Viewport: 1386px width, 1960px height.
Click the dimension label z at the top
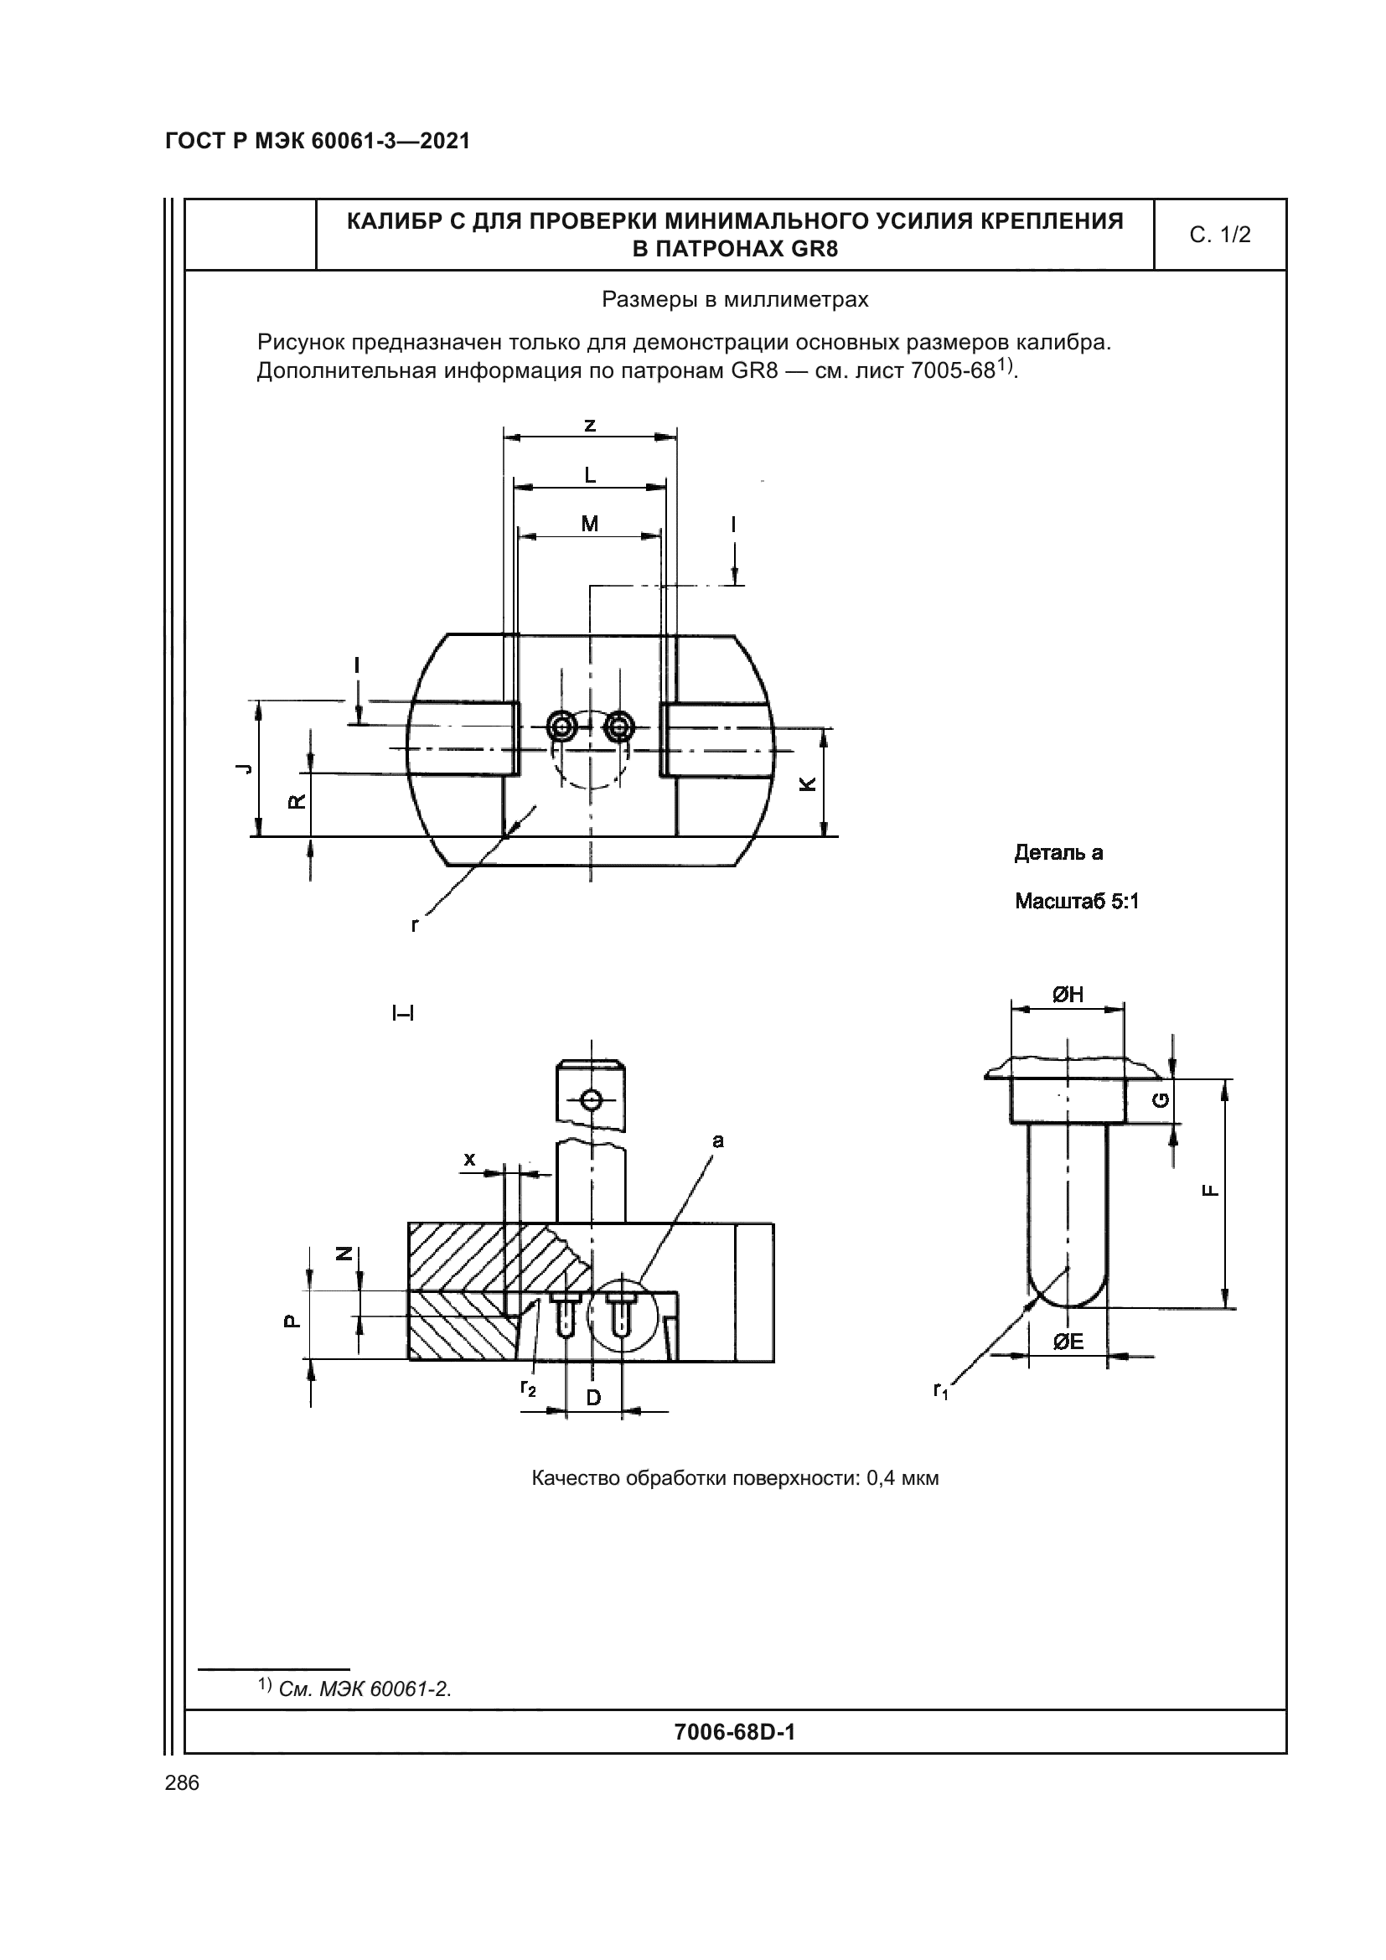(x=590, y=425)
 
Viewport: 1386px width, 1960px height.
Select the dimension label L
(x=590, y=475)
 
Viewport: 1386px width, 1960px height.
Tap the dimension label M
(x=590, y=524)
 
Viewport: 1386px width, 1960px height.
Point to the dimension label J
(x=244, y=768)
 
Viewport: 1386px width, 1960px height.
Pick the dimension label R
(x=297, y=802)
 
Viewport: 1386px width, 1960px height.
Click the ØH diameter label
(x=1067, y=994)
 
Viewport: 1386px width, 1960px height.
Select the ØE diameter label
(x=1068, y=1342)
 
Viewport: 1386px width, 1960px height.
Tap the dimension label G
(x=1161, y=1100)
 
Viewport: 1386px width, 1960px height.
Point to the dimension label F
(x=1210, y=1192)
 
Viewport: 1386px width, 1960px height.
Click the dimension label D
(x=594, y=1398)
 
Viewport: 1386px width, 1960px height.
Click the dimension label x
(x=469, y=1158)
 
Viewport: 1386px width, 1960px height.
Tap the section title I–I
(x=403, y=1013)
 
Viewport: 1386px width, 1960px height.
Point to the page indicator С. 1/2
(x=1219, y=235)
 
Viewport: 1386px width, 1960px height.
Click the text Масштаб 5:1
(x=1076, y=902)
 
